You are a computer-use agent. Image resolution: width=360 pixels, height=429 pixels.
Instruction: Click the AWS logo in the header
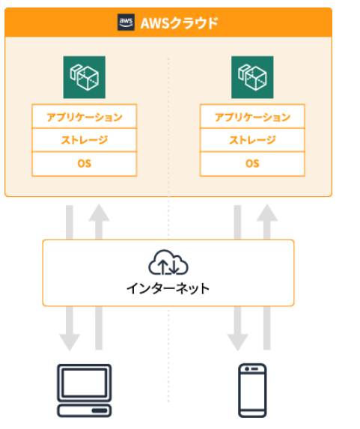[x=126, y=22]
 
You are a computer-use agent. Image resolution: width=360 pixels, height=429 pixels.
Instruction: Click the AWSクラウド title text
[x=179, y=23]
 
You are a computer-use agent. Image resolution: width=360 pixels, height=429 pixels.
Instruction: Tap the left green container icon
[x=85, y=77]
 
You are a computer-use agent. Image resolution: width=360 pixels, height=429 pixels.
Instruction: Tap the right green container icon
[x=252, y=77]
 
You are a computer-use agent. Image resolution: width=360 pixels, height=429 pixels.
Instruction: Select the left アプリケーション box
[x=85, y=116]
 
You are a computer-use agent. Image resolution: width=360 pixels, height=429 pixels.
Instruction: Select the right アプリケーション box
[x=252, y=116]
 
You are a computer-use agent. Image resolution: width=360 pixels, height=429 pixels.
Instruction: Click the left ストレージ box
[x=85, y=140]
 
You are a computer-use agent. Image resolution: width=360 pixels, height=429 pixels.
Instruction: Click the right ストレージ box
[x=252, y=140]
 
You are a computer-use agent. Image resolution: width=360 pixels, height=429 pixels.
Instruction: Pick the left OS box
[x=85, y=164]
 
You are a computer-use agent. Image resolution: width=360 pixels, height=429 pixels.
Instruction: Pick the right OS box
[x=252, y=164]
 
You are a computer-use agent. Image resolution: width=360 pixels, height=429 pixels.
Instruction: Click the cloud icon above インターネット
[x=168, y=262]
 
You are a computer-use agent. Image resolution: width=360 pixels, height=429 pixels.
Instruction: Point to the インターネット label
[x=168, y=289]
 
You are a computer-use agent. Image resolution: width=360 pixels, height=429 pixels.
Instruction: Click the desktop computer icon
[x=85, y=390]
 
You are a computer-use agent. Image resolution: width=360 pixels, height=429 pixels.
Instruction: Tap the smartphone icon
[x=252, y=390]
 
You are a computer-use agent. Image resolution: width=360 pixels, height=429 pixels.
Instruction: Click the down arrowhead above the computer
[x=70, y=342]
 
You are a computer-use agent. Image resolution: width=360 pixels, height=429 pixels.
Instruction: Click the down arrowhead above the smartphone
[x=237, y=342]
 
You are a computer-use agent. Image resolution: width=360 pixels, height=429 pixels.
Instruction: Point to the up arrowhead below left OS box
[x=99, y=213]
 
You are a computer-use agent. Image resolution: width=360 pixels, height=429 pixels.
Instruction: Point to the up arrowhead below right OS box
[x=267, y=213]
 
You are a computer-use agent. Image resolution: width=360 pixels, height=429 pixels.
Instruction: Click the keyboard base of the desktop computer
[x=85, y=411]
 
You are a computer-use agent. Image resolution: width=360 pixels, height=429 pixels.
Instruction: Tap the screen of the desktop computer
[x=84, y=383]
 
